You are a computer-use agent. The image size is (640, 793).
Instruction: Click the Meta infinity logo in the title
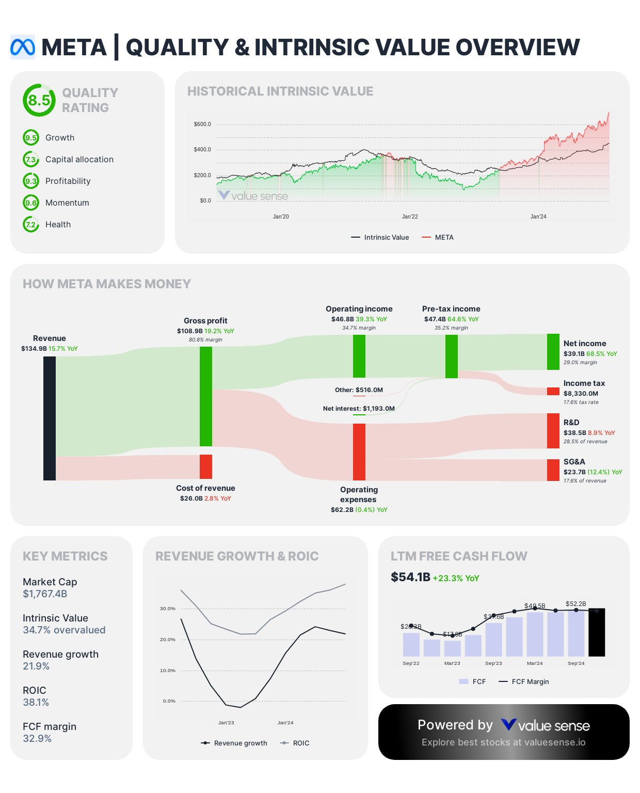click(23, 47)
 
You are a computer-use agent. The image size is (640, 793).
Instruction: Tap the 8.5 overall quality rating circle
click(39, 100)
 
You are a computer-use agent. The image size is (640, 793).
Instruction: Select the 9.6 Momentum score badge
click(31, 203)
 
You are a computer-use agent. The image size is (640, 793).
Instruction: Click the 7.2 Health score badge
click(31, 225)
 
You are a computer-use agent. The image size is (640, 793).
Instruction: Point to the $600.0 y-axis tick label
click(202, 125)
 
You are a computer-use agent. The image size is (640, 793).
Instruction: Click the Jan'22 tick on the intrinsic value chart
click(410, 216)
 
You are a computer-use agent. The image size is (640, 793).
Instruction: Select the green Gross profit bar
click(206, 396)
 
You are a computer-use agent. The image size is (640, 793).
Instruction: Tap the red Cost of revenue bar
click(206, 467)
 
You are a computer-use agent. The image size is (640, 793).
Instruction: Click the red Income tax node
click(553, 392)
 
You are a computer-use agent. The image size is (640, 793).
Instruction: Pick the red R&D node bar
click(553, 430)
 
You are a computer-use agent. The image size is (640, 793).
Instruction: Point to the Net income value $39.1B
click(573, 354)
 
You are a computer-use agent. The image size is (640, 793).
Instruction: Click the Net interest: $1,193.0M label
click(359, 409)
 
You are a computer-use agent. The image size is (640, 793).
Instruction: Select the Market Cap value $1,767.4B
click(45, 594)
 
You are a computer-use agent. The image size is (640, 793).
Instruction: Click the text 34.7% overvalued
click(64, 630)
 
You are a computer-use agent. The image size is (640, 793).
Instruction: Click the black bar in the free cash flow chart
click(597, 632)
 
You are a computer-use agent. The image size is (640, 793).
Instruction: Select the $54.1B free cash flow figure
click(410, 577)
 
